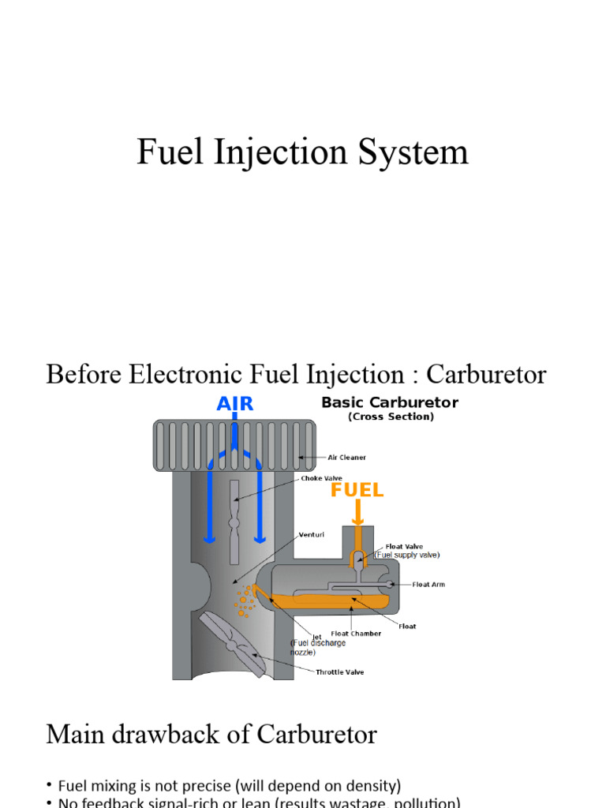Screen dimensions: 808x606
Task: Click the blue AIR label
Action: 235,404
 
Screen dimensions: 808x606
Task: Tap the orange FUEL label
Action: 357,490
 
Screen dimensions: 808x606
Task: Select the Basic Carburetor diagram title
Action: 390,402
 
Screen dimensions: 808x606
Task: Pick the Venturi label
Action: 312,534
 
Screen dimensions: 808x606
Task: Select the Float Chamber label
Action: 356,633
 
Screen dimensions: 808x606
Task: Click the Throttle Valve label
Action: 340,672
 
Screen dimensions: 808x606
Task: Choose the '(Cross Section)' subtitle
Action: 391,417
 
